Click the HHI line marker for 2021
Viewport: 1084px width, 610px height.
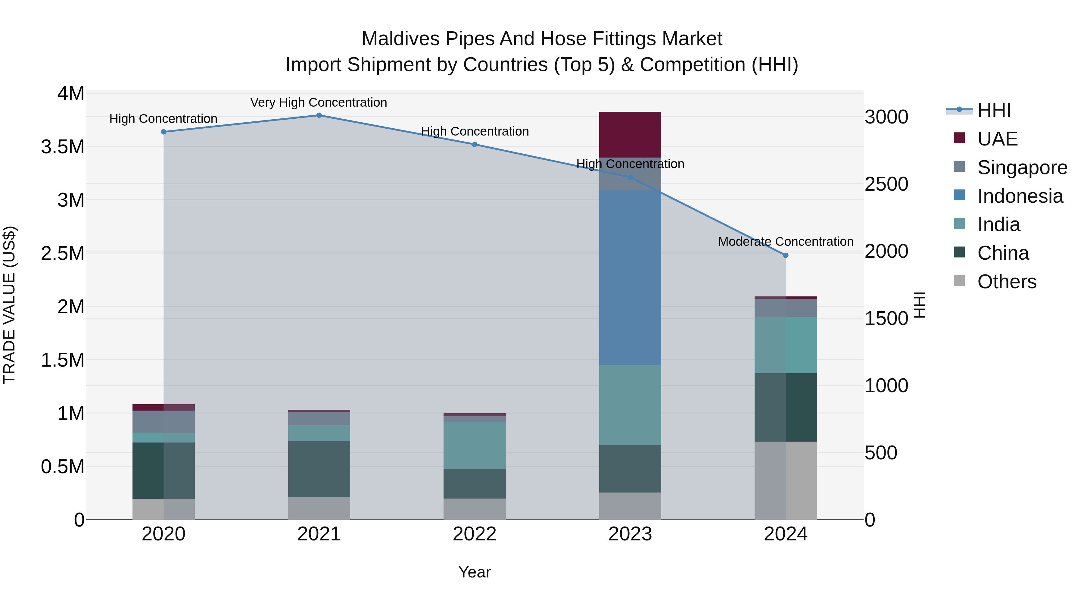[x=319, y=115]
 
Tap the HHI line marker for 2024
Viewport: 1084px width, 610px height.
[x=785, y=255]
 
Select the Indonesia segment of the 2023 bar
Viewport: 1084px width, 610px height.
[x=630, y=278]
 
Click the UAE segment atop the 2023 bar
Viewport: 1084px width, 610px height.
[x=630, y=135]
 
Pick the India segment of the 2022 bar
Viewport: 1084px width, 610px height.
[x=474, y=446]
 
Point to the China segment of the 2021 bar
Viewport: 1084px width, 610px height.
[x=319, y=469]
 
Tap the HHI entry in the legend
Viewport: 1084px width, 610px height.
[x=994, y=110]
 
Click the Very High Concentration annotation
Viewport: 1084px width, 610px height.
[x=319, y=102]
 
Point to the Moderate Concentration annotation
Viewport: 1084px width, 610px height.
[x=785, y=242]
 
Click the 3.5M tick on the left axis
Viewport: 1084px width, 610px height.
[x=62, y=147]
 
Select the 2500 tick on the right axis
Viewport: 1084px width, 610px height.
[x=886, y=184]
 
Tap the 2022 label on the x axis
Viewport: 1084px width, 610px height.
[x=474, y=534]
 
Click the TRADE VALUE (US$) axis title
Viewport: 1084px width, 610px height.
[x=9, y=305]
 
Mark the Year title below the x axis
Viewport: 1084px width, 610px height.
[x=474, y=572]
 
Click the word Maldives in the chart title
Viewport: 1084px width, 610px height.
[x=400, y=39]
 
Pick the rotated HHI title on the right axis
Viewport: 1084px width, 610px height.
[x=920, y=305]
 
